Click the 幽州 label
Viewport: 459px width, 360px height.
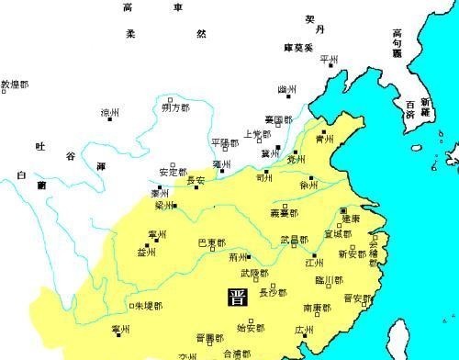tap(287, 89)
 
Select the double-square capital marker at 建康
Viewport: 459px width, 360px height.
tap(342, 210)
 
